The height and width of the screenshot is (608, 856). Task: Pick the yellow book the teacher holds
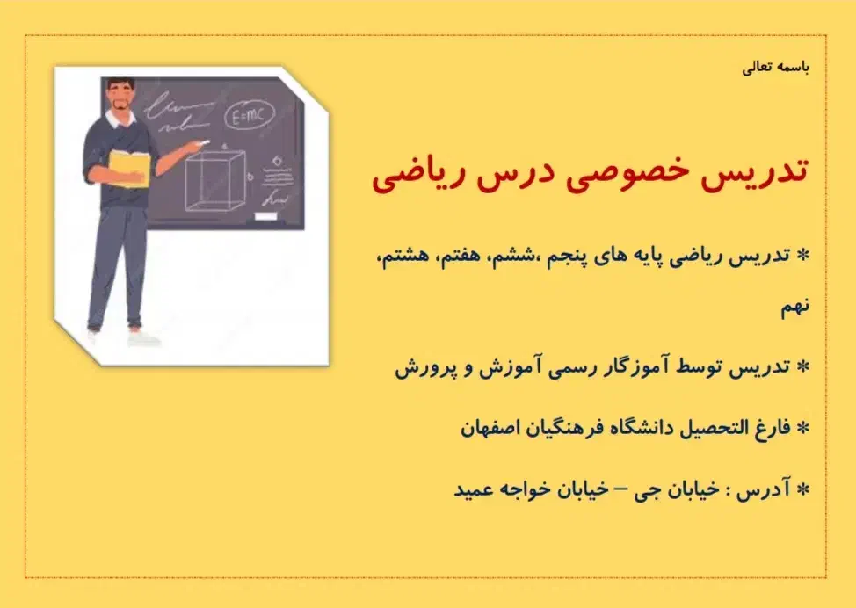(x=128, y=166)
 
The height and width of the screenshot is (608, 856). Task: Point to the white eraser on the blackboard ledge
(x=265, y=215)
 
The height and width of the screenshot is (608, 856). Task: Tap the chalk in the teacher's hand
(x=205, y=141)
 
